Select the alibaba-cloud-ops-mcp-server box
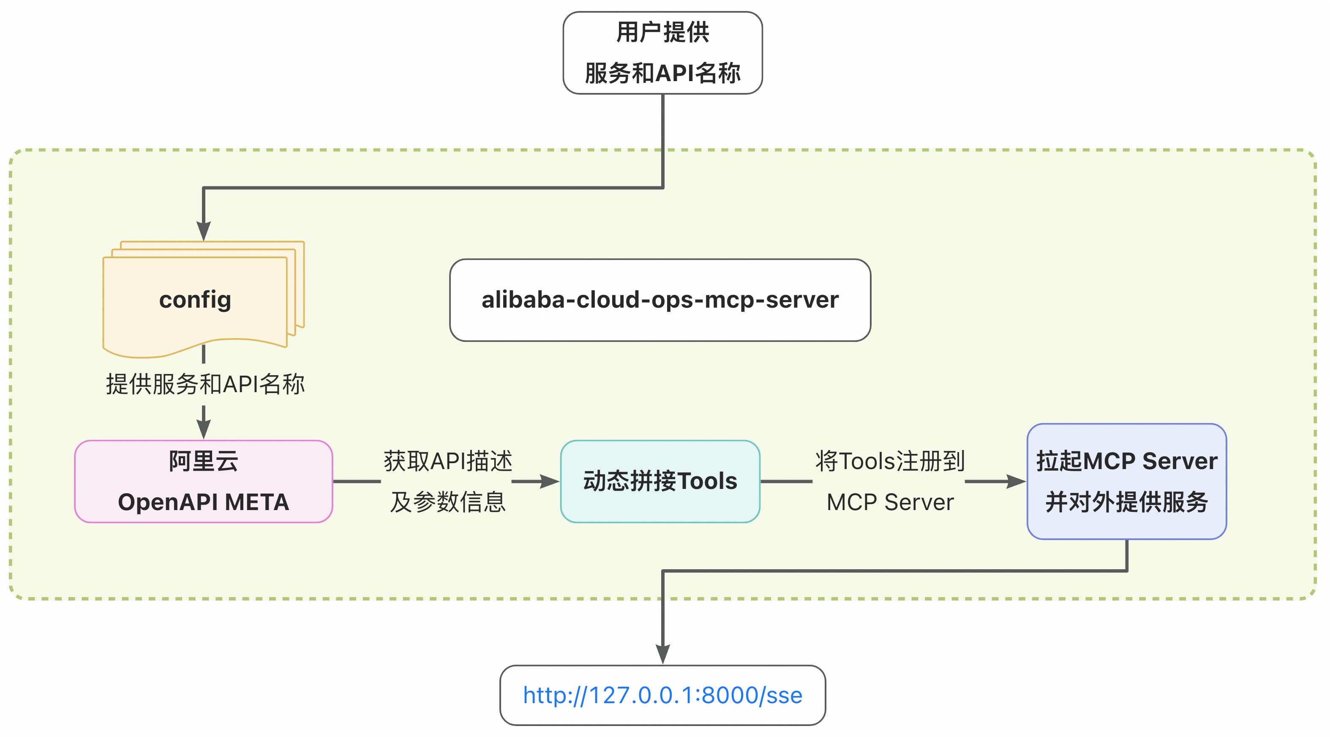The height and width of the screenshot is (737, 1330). [x=660, y=300]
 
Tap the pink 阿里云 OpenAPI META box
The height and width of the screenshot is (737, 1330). [x=203, y=481]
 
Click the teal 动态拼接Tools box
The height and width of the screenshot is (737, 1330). [x=660, y=481]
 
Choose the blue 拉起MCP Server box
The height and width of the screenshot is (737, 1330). [x=1127, y=481]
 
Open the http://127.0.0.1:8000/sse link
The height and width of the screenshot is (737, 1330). [x=662, y=695]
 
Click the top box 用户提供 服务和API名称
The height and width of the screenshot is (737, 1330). [x=662, y=53]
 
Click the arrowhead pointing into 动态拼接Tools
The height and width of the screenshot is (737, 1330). [x=549, y=481]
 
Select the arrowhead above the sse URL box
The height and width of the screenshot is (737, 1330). [x=662, y=654]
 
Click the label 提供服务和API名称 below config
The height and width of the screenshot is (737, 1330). [x=205, y=384]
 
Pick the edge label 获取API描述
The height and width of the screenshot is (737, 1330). [x=448, y=461]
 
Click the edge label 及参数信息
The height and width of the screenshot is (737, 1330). [x=448, y=502]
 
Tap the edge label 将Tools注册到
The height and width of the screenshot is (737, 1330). [x=890, y=461]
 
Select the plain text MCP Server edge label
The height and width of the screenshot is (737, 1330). [x=890, y=502]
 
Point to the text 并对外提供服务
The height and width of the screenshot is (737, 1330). [x=1127, y=502]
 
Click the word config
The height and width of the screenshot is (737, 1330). [x=195, y=300]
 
